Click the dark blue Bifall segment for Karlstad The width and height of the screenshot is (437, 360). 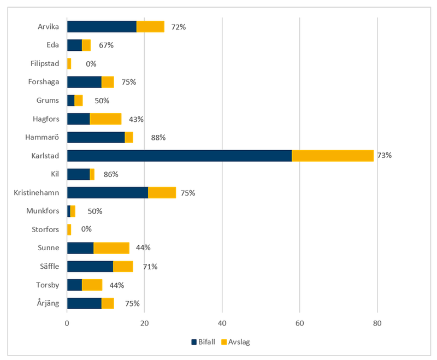tap(179, 156)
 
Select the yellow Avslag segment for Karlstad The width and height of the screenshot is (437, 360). tap(333, 156)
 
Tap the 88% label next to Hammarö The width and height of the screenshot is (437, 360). tap(158, 138)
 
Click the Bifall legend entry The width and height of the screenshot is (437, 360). tap(203, 342)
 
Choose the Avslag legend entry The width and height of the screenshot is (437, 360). tap(235, 342)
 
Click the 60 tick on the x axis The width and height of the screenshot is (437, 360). tap(299, 323)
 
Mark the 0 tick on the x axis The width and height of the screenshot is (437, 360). tap(67, 323)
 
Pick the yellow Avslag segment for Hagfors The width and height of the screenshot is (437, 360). tap(105, 119)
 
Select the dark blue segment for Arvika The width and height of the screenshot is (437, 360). tap(102, 26)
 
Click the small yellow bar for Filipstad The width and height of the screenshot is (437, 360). tap(69, 63)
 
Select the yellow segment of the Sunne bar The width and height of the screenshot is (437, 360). tap(111, 248)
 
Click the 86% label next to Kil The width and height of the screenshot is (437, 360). tap(111, 174)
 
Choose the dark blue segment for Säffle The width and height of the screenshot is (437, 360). tap(90, 267)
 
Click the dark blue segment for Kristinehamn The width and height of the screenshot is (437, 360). tap(108, 193)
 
